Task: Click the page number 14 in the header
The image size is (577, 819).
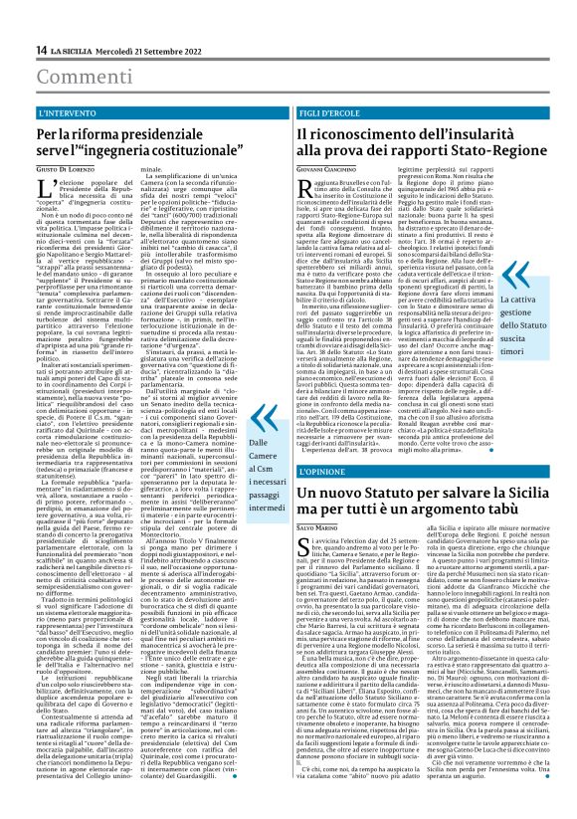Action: point(42,50)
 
